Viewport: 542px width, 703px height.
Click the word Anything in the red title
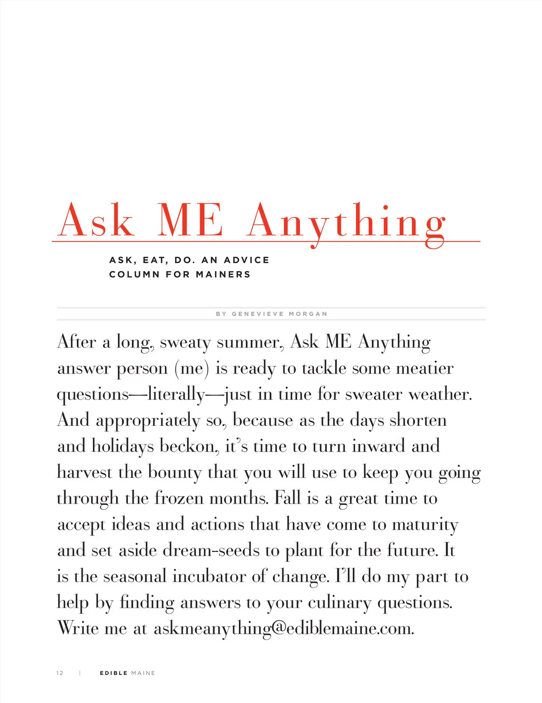[x=346, y=222]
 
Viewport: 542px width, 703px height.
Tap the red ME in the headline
[x=190, y=221]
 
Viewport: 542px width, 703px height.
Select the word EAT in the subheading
[x=155, y=260]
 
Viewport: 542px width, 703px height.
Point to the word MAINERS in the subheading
[x=223, y=274]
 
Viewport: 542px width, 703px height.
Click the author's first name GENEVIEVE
[x=258, y=314]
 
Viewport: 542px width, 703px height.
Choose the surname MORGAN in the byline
[x=308, y=314]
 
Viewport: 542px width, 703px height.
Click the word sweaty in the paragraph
[x=185, y=342]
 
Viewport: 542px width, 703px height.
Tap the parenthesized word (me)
[x=192, y=369]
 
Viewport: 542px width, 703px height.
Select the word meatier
[x=425, y=369]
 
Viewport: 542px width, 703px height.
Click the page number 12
[x=60, y=673]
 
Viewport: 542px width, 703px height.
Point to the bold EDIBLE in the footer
[x=113, y=673]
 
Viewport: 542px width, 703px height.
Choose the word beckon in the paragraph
[x=187, y=447]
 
